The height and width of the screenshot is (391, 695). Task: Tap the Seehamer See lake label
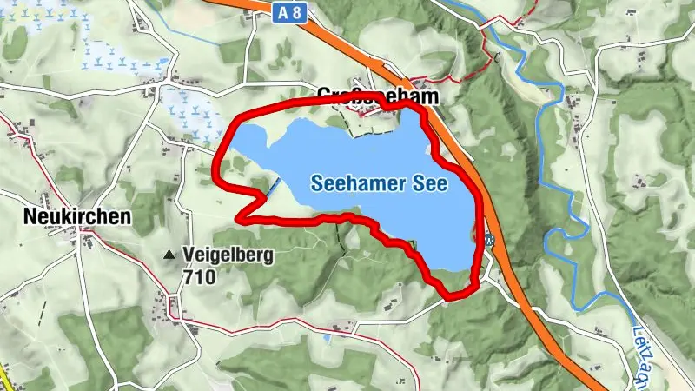pyautogui.click(x=378, y=183)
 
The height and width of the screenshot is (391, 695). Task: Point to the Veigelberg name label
pyautogui.click(x=228, y=255)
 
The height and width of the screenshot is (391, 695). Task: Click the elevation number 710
pyautogui.click(x=199, y=277)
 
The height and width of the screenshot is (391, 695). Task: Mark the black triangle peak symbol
pyautogui.click(x=169, y=255)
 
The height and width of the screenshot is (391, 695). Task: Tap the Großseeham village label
pyautogui.click(x=377, y=96)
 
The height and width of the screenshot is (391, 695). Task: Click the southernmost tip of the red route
pyautogui.click(x=452, y=298)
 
